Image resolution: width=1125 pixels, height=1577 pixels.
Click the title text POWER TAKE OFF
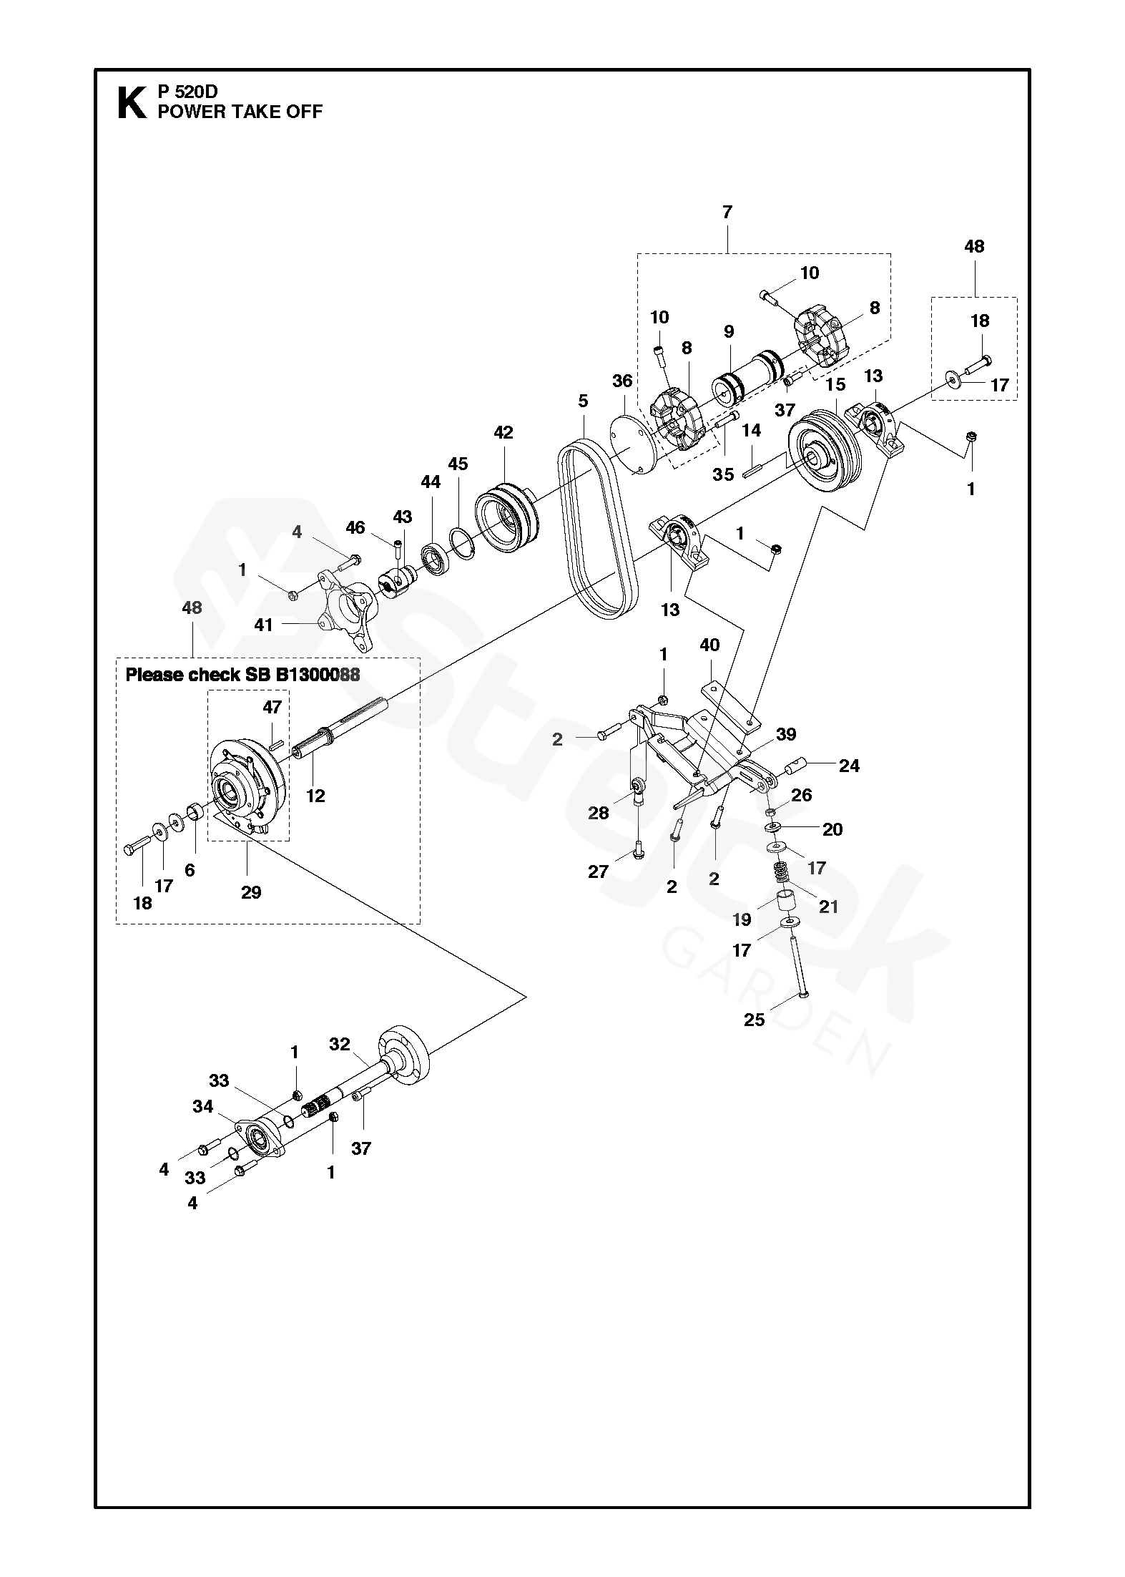coord(240,112)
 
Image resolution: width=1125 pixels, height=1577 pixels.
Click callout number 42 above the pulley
coord(503,432)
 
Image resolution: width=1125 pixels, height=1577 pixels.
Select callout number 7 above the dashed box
coord(727,212)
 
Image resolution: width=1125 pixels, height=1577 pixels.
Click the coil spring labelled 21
coord(785,876)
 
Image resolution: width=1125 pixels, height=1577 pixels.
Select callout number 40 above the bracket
coord(709,645)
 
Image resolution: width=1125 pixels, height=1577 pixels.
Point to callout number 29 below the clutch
coord(251,892)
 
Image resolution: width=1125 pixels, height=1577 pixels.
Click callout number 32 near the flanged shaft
coord(340,1044)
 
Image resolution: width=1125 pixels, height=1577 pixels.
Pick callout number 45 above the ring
coord(458,464)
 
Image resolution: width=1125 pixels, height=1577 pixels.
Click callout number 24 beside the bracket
coord(849,766)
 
